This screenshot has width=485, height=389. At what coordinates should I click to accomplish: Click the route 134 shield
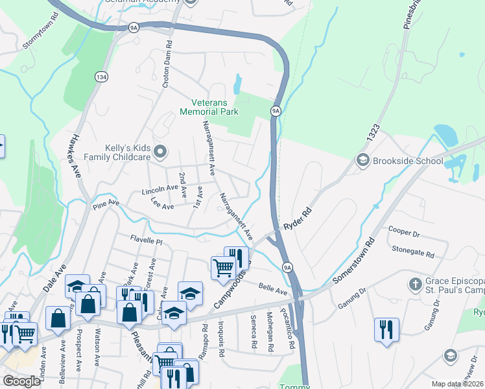[101, 77]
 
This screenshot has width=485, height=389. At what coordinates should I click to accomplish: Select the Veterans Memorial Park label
[215, 107]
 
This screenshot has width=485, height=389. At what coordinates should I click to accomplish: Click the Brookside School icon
[362, 160]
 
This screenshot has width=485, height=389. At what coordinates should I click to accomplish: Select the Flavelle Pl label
[145, 240]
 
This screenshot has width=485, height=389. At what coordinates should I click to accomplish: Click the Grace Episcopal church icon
[415, 284]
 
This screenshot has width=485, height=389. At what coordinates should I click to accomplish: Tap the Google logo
[21, 381]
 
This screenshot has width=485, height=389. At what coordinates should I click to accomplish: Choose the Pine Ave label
[106, 204]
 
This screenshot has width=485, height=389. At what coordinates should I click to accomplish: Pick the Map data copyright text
[457, 384]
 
